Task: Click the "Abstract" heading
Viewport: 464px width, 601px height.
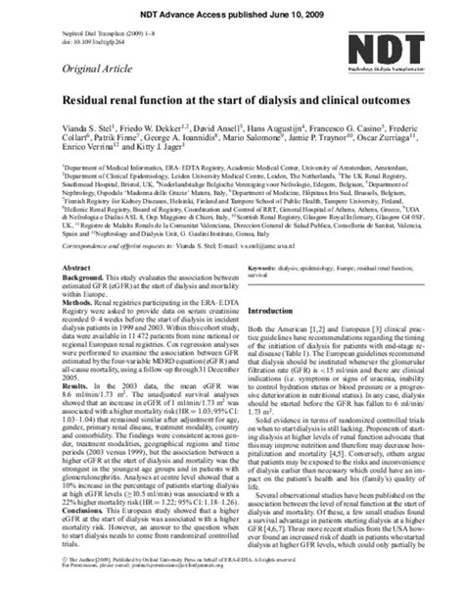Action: (75, 268)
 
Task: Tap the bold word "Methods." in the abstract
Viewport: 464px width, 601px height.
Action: (81, 309)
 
